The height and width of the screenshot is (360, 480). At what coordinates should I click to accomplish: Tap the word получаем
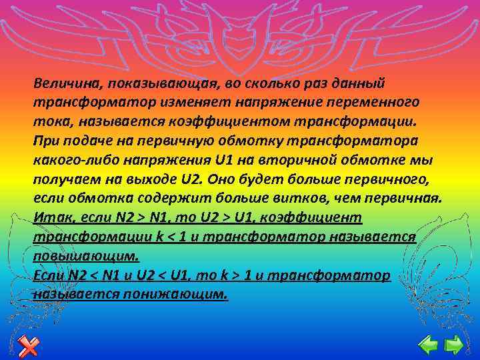click(x=63, y=181)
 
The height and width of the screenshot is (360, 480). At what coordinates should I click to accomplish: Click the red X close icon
click(x=28, y=345)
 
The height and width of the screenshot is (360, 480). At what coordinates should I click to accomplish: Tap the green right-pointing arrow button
click(x=454, y=345)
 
